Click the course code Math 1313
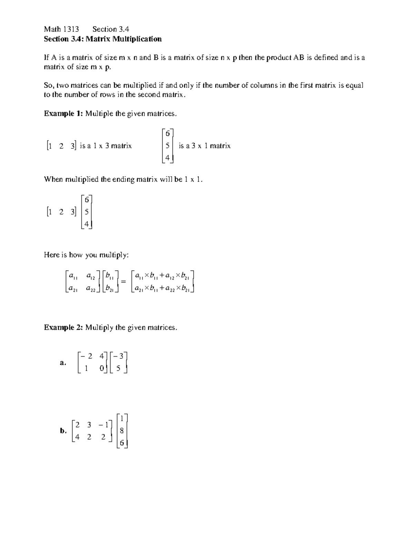pyautogui.click(x=61, y=29)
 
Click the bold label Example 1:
pyautogui.click(x=63, y=114)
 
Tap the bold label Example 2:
pyautogui.click(x=63, y=327)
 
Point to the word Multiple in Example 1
pyautogui.click(x=99, y=114)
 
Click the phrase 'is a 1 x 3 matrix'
pyautogui.click(x=106, y=146)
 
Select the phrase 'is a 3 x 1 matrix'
pyautogui.click(x=205, y=146)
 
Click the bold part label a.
pyautogui.click(x=62, y=363)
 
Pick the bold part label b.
pyautogui.click(x=63, y=430)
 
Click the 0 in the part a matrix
pyautogui.click(x=101, y=368)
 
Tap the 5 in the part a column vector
pyautogui.click(x=118, y=368)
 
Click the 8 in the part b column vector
pyautogui.click(x=122, y=431)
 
